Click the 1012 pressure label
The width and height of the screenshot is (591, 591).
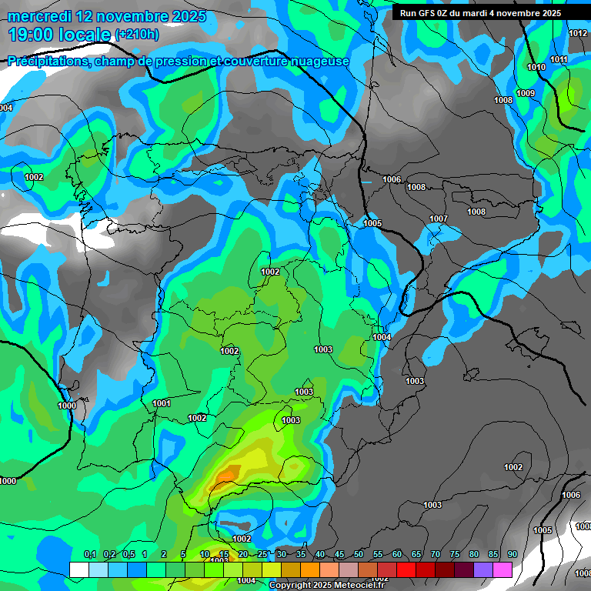pos(578,33)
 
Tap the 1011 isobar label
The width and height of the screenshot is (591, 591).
pos(559,60)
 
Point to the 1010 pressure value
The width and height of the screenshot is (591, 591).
pos(536,68)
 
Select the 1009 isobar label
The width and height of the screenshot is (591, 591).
pos(526,94)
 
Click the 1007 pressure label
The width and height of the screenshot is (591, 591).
pos(439,219)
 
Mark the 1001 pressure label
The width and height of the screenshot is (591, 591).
pos(162,403)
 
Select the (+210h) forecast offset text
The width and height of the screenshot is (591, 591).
pos(137,34)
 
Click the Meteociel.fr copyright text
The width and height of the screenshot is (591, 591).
pos(326,586)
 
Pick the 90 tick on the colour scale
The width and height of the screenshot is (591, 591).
pos(512,555)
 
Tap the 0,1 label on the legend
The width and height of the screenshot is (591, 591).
pos(90,555)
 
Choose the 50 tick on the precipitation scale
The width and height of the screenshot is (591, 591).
pos(359,555)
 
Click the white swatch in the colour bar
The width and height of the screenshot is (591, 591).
pos(78,569)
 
